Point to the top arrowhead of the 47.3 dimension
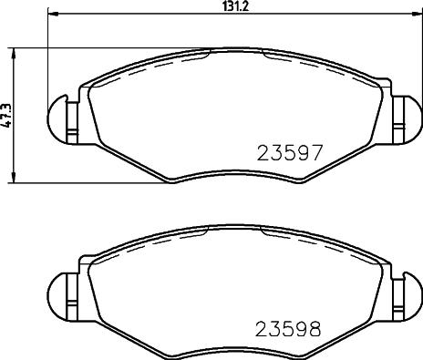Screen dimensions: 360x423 (12, 52)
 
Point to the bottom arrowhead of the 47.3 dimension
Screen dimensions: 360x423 (12, 179)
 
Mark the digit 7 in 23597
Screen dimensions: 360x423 (315, 153)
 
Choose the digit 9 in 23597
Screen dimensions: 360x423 (301, 153)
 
